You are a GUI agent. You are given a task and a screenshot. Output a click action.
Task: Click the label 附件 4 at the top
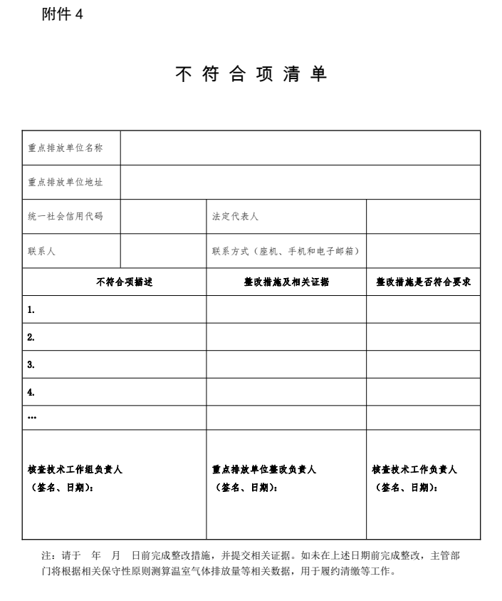click(63, 15)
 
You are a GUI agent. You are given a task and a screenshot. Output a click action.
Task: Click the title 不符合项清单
click(251, 75)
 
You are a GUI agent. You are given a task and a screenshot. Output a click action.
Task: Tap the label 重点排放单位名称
click(66, 148)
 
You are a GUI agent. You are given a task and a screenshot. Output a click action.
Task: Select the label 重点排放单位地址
click(66, 182)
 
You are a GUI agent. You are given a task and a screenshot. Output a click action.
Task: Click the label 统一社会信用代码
click(66, 216)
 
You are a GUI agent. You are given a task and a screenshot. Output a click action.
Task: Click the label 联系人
click(42, 251)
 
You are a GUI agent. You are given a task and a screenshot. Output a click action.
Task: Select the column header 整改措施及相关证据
click(286, 282)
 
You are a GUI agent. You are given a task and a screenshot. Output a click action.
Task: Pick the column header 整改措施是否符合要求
click(424, 282)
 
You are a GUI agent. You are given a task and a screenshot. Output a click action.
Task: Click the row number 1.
click(31, 310)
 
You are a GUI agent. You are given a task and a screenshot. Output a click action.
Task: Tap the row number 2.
click(31, 337)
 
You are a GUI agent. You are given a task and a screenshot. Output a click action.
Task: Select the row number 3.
click(31, 364)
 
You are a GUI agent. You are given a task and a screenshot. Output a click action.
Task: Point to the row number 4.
click(31, 391)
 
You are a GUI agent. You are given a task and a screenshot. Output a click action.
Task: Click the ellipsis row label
click(32, 418)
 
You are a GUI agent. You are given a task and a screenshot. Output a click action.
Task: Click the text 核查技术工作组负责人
click(75, 470)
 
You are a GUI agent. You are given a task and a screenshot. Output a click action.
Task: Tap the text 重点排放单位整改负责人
click(264, 470)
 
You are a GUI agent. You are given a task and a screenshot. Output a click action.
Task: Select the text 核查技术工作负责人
click(414, 470)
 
